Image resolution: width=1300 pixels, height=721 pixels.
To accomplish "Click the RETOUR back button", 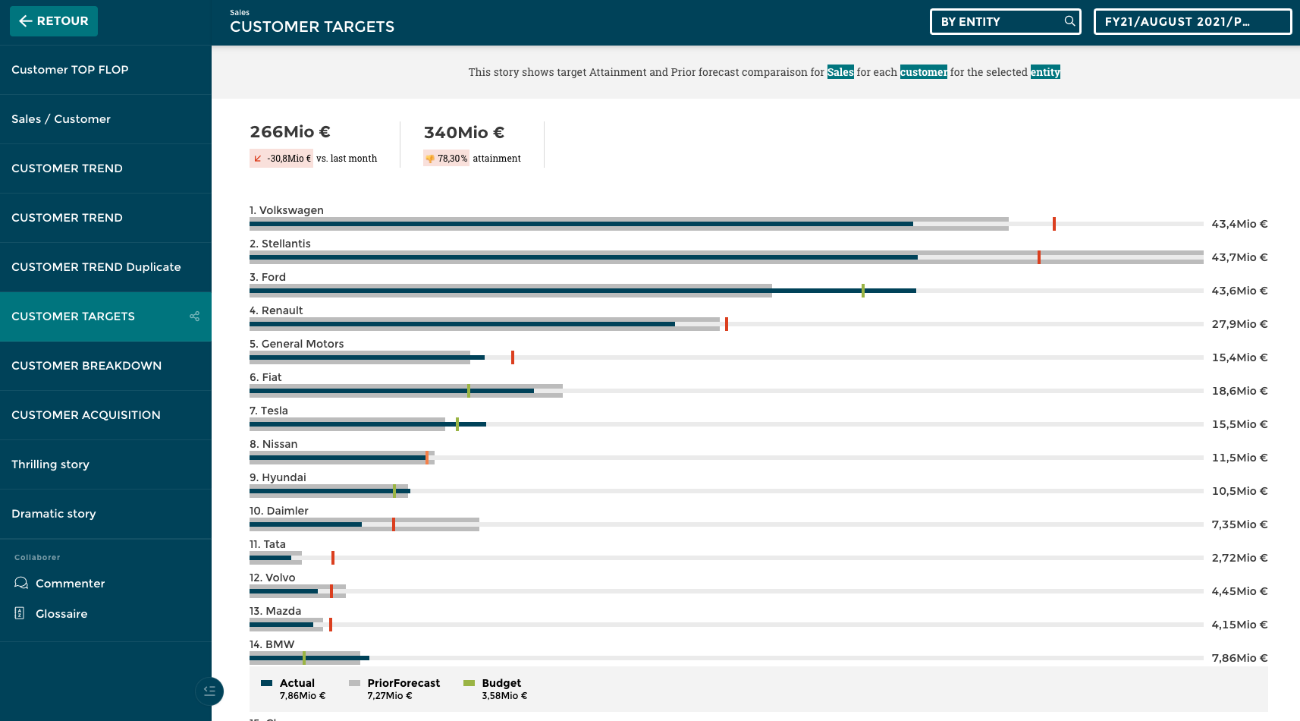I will tap(53, 21).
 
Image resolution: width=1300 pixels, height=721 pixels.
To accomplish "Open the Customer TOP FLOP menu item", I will tap(70, 70).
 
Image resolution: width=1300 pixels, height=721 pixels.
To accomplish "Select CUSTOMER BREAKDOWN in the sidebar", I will tap(86, 366).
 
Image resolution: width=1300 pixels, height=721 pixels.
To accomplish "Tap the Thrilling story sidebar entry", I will tap(50, 464).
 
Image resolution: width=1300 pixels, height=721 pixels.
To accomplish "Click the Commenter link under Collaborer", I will tap(70, 584).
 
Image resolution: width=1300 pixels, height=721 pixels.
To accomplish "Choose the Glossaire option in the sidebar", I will tap(61, 614).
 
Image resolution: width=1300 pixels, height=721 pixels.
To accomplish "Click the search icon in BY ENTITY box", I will tap(1069, 21).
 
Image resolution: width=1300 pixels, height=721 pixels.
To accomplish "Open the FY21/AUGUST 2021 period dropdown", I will tap(1192, 21).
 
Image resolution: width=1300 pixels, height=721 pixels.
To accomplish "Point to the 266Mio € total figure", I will tap(290, 132).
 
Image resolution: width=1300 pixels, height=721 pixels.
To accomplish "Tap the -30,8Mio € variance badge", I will tap(281, 159).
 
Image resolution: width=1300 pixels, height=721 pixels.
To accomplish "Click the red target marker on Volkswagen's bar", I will tap(1054, 224).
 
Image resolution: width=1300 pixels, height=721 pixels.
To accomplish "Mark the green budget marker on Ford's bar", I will tap(862, 291).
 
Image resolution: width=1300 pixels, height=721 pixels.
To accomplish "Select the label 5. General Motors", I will tap(297, 344).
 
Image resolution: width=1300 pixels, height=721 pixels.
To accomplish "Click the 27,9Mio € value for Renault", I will tap(1239, 324).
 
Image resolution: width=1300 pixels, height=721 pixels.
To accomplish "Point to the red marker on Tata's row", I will tap(332, 558).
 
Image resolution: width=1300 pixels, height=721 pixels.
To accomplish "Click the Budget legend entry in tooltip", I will tap(501, 683).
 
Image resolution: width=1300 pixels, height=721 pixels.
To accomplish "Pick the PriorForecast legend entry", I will tap(403, 683).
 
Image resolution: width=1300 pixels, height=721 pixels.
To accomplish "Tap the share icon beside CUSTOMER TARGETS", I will tap(195, 316).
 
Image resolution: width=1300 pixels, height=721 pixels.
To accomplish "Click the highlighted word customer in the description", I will tap(923, 72).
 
